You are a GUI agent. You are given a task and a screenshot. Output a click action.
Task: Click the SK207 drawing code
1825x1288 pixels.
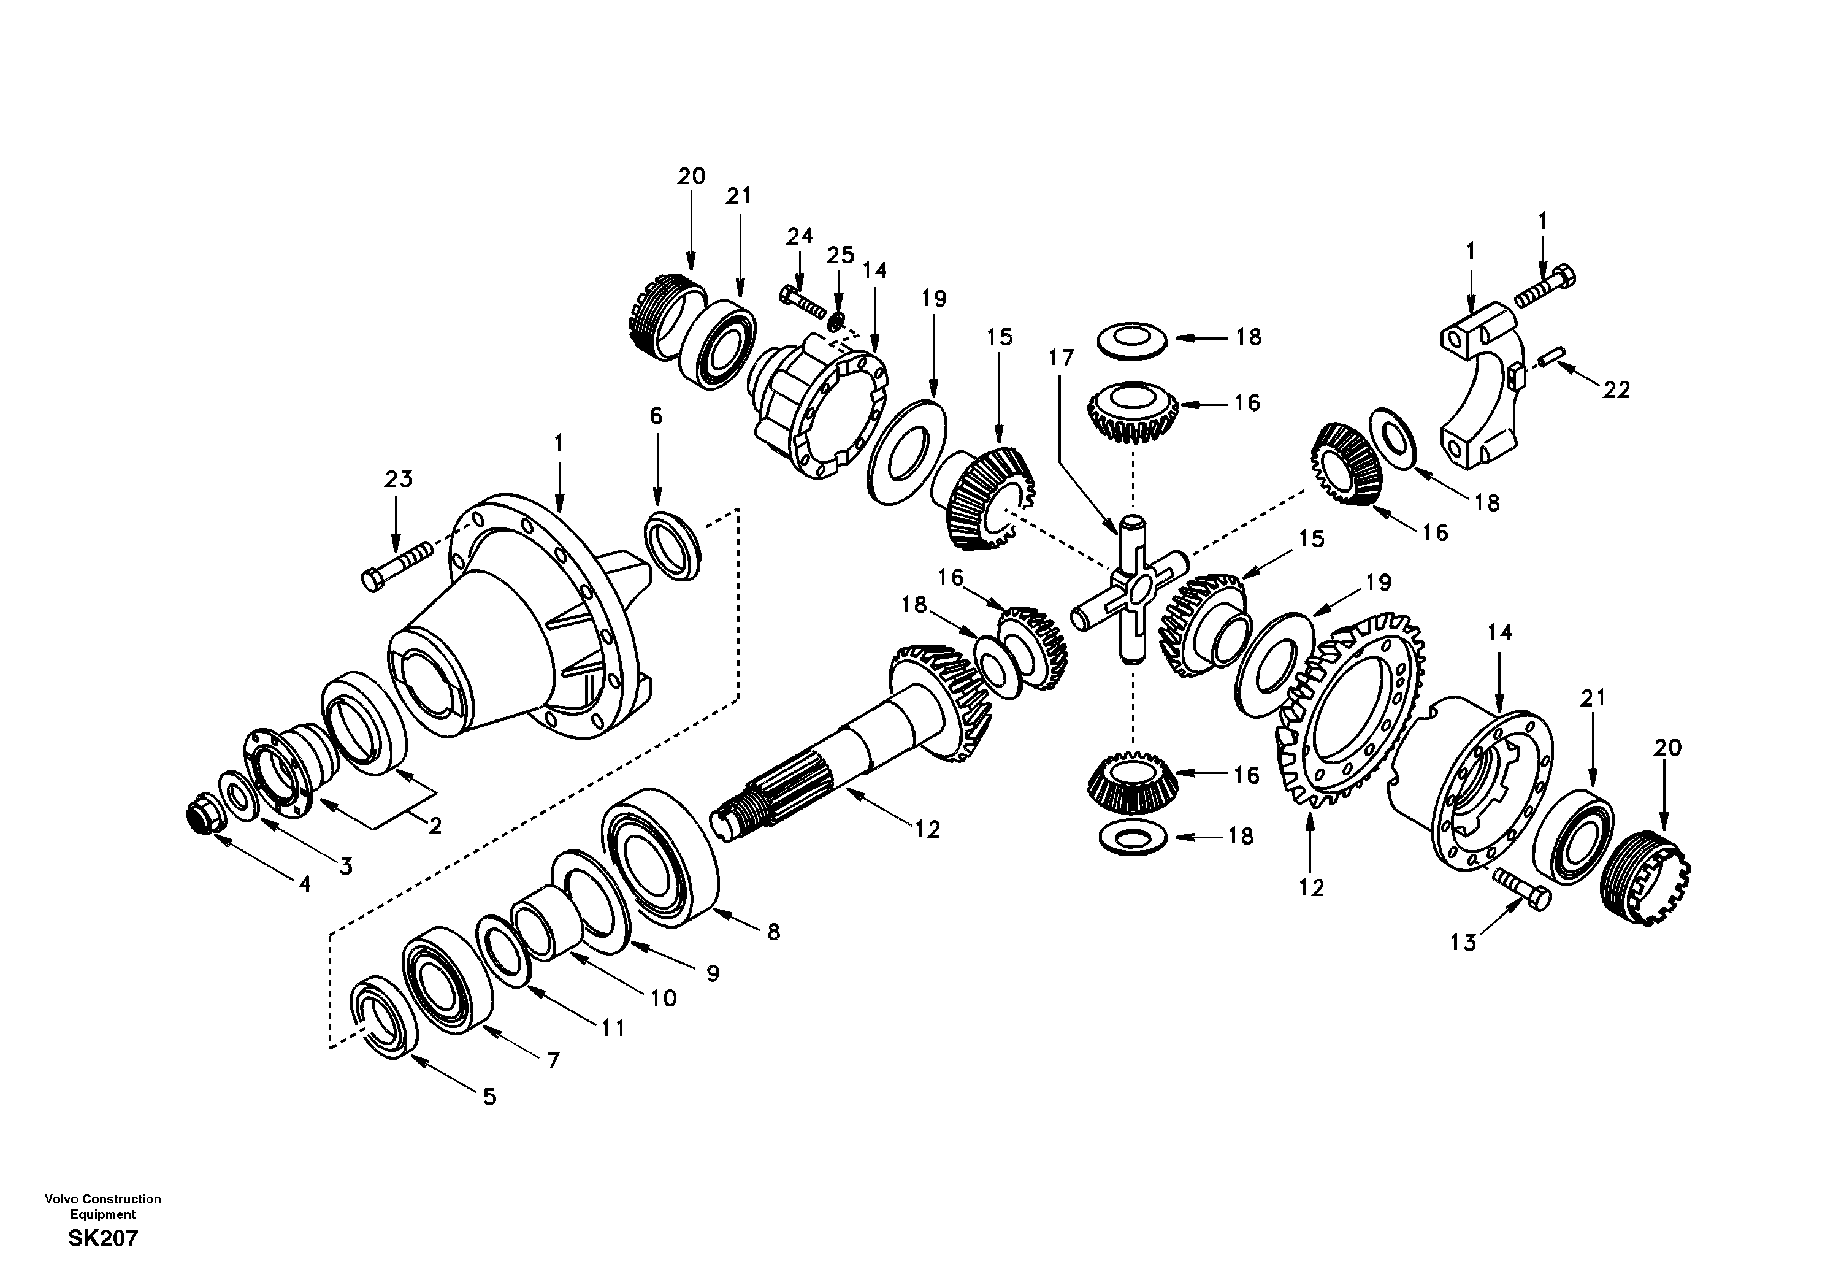(x=104, y=1238)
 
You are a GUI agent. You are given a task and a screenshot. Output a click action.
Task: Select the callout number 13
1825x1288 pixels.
(x=1463, y=943)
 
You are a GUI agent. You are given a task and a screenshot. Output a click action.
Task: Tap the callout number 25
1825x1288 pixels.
(x=840, y=255)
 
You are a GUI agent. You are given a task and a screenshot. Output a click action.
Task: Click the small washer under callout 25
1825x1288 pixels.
(x=835, y=322)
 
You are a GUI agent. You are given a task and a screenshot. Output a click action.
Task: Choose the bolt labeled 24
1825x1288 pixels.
(x=803, y=301)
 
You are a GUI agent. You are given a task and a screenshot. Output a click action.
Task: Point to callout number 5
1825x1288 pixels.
(x=489, y=1097)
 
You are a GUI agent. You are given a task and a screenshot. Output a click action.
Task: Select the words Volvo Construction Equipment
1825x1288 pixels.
(x=104, y=1206)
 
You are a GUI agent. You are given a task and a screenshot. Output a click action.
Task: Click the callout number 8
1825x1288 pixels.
(x=773, y=932)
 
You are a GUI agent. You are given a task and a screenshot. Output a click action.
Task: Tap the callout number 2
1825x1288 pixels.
(x=435, y=826)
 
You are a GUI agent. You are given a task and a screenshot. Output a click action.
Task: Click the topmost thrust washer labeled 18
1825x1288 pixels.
(x=1132, y=340)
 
